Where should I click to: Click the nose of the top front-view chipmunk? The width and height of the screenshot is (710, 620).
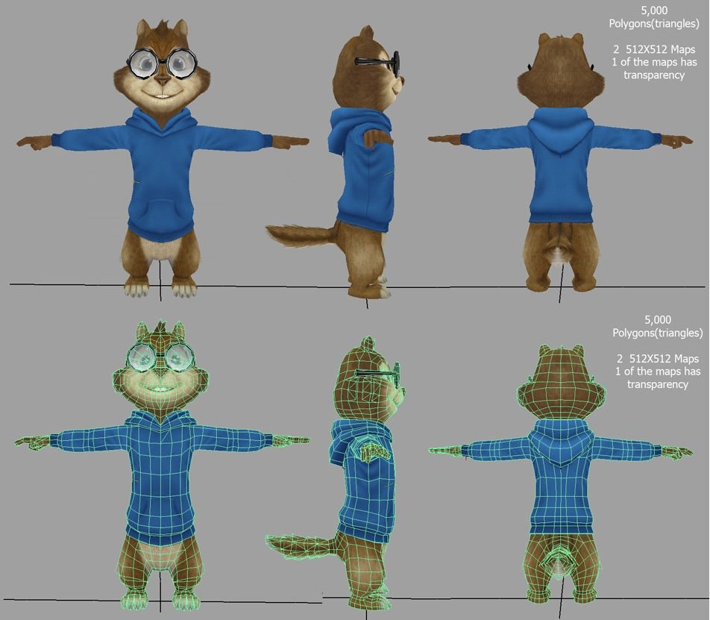point(163,81)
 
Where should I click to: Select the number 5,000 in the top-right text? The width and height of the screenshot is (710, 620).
point(654,10)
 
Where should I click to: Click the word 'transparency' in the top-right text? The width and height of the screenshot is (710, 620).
point(654,75)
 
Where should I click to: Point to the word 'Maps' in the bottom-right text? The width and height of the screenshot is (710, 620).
point(686,359)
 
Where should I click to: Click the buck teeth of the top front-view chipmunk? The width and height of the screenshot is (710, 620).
point(162,95)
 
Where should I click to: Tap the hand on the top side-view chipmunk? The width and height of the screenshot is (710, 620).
point(377,138)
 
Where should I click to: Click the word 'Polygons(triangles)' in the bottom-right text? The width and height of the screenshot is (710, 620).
point(658,333)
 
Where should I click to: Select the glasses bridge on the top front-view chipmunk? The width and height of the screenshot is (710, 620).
point(162,63)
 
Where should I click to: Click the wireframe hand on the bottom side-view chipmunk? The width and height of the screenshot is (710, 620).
point(375,451)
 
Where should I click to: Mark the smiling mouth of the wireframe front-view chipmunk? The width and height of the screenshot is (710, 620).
point(161,388)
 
